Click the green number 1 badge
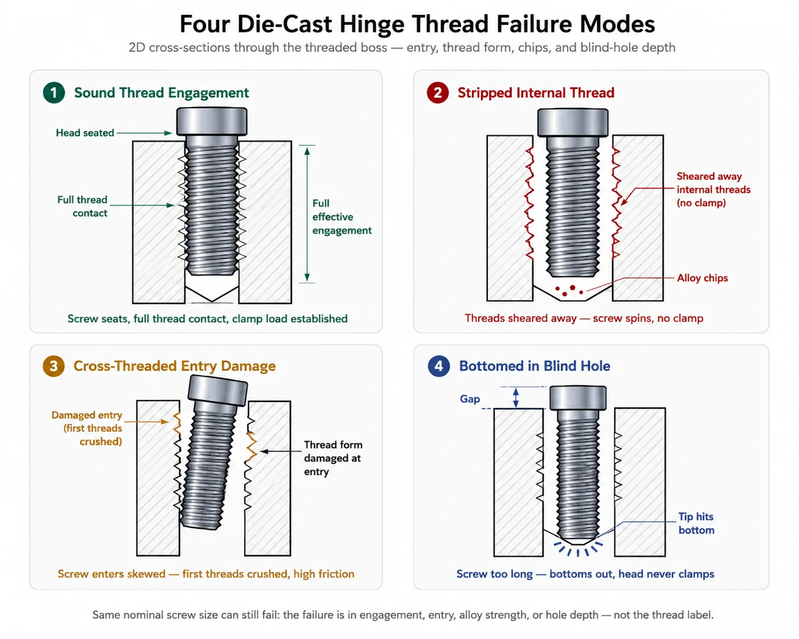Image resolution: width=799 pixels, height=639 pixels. (54, 92)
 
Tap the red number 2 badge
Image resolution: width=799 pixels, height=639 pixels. (438, 92)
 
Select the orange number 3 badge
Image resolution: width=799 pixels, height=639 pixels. (54, 366)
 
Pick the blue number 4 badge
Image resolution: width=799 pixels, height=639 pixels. (439, 366)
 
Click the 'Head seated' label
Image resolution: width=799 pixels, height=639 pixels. (85, 133)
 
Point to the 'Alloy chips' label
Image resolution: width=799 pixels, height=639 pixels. (702, 278)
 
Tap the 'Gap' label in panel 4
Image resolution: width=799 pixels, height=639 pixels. (470, 399)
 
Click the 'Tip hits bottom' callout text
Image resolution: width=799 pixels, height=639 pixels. (696, 523)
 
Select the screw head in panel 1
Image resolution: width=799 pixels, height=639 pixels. (211, 121)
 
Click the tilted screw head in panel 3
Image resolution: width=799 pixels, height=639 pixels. (218, 390)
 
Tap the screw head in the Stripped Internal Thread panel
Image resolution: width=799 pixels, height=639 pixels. (573, 122)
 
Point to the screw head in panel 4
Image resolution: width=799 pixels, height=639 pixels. (578, 398)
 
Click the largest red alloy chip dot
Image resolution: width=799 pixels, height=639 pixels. (573, 288)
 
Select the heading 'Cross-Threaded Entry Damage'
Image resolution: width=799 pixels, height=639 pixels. (174, 366)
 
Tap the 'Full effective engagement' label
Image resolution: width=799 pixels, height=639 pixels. (341, 217)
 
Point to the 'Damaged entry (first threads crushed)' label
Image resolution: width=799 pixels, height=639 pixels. (87, 428)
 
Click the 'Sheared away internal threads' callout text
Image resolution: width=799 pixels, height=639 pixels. (714, 189)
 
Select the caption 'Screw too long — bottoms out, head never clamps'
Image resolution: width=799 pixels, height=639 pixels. (585, 574)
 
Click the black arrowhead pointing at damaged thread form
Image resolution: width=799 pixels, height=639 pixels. (264, 451)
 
